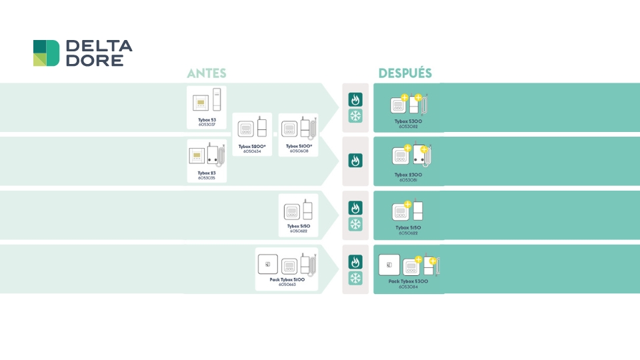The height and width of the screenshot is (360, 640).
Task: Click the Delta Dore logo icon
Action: pyautogui.click(x=46, y=53)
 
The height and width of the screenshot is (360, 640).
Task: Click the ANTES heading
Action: pyautogui.click(x=207, y=73)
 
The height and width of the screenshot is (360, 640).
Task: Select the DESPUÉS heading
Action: pyautogui.click(x=405, y=73)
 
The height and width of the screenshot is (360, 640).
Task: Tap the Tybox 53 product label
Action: pyautogui.click(x=207, y=120)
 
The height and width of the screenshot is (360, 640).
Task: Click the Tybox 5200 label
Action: pyautogui.click(x=252, y=146)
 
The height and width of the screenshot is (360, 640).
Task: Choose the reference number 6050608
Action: pyautogui.click(x=299, y=151)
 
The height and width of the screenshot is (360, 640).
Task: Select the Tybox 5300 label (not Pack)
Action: pyautogui.click(x=408, y=121)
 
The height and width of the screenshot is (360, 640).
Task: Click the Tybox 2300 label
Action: pyautogui.click(x=408, y=175)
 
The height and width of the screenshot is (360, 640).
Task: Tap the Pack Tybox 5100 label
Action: pyautogui.click(x=287, y=279)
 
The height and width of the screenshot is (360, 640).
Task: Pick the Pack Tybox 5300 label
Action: pyautogui.click(x=408, y=281)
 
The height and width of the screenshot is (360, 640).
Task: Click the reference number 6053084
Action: pyautogui.click(x=408, y=287)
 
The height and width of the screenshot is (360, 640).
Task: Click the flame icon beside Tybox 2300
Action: pyautogui.click(x=355, y=161)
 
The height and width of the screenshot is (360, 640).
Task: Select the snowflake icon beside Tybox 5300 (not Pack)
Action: pyautogui.click(x=355, y=116)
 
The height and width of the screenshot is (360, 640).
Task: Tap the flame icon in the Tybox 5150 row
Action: pyautogui.click(x=355, y=208)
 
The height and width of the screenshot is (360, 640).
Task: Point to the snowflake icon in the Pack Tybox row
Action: pyautogui.click(x=355, y=278)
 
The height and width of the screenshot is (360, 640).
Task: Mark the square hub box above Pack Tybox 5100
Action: pyautogui.click(x=268, y=264)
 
